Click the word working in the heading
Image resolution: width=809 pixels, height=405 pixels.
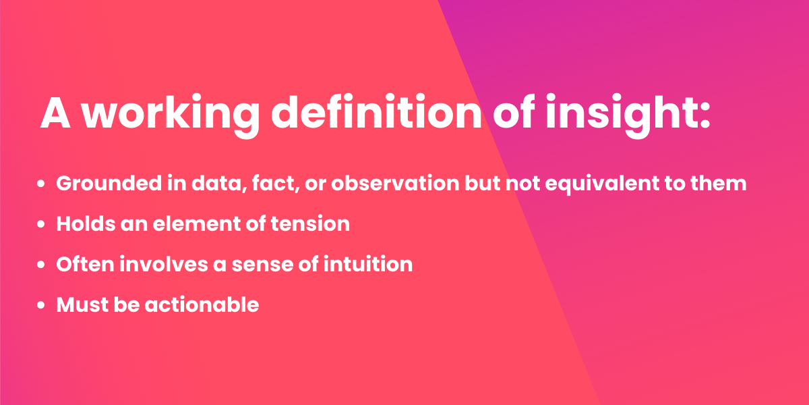point(170,113)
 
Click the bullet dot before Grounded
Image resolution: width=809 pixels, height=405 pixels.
point(42,184)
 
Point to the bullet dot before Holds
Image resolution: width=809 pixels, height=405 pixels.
point(42,224)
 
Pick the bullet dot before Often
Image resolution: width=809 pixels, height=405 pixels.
point(42,265)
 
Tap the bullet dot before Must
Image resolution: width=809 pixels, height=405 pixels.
point(42,305)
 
